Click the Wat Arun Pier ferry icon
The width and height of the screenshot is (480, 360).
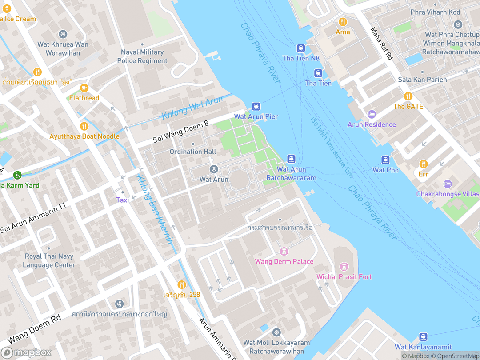(x=256, y=106)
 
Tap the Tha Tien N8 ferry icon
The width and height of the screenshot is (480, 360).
(x=301, y=48)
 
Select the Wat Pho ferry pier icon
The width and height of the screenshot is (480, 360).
(x=385, y=160)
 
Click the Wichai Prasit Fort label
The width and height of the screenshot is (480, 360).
(x=344, y=277)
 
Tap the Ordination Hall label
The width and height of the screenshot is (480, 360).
(x=193, y=152)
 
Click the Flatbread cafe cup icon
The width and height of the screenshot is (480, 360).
(x=84, y=88)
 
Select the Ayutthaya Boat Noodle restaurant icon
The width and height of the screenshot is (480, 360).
(x=84, y=126)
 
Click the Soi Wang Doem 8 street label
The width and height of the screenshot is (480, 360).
(x=180, y=132)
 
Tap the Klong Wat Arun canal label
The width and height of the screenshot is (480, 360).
(x=192, y=108)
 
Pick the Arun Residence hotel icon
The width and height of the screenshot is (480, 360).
(x=372, y=115)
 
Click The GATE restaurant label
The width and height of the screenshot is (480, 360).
(x=408, y=107)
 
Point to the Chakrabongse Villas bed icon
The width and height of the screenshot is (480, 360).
(x=447, y=184)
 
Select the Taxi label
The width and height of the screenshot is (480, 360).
(x=123, y=200)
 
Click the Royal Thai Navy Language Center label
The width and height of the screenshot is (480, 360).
(x=49, y=260)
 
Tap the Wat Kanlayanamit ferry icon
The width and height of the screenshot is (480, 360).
(x=423, y=337)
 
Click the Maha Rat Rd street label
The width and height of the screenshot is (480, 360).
(x=382, y=43)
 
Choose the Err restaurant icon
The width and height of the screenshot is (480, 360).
(x=423, y=164)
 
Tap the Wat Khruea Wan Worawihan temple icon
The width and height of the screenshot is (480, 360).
(x=63, y=34)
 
